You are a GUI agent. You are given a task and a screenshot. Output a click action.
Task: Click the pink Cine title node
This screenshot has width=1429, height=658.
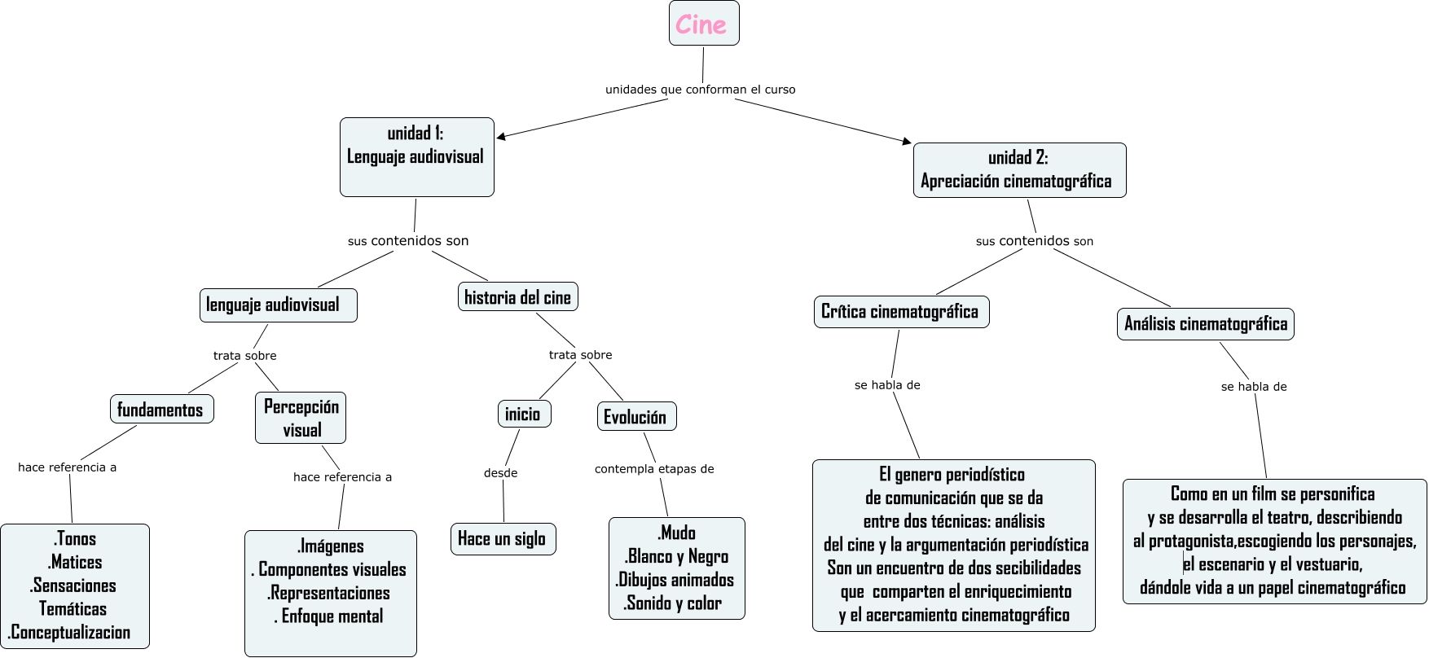[704, 24]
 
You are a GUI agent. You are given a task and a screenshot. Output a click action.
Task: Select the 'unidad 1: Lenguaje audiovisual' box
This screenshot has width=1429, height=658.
[416, 156]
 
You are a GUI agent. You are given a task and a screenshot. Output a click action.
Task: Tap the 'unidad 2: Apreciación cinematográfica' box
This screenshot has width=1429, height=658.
[1019, 170]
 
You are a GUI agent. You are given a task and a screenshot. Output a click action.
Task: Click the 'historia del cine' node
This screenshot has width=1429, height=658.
[518, 297]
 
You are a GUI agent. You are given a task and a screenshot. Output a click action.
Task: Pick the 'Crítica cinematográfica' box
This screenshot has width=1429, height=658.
[901, 312]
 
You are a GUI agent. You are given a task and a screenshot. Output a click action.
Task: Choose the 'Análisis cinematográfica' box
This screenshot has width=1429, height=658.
[1205, 324]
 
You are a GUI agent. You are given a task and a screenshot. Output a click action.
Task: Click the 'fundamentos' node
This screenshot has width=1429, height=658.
[161, 410]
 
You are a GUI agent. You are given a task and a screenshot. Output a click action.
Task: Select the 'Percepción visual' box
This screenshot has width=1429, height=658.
[301, 419]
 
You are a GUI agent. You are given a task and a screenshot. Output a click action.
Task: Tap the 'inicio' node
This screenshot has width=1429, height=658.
[524, 414]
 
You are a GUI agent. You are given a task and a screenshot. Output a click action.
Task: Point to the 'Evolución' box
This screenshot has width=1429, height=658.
[636, 417]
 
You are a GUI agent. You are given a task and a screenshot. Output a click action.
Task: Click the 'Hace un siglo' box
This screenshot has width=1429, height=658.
[503, 539]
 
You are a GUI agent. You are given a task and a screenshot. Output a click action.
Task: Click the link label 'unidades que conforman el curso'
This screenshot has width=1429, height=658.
[700, 90]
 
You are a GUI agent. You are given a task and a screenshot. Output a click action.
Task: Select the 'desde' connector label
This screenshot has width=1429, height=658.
[500, 473]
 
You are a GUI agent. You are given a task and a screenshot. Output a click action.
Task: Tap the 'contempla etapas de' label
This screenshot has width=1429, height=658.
[654, 469]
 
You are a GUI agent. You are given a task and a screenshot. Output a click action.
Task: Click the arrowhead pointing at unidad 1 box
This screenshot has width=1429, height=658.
[501, 137]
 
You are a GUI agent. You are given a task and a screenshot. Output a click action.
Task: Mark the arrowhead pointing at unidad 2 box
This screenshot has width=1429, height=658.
[907, 142]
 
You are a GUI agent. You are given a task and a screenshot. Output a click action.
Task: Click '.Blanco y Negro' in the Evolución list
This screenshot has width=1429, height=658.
[676, 557]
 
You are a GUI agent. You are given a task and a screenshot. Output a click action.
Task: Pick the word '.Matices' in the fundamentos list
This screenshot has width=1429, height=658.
[75, 563]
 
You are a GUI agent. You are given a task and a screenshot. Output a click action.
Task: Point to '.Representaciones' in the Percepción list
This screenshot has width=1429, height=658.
[329, 594]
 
